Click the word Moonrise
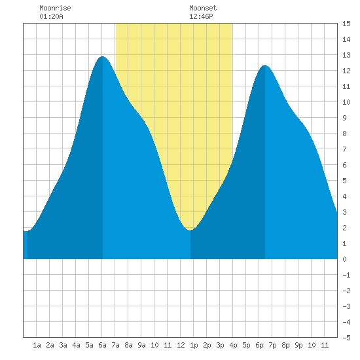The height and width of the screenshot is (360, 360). [x=55, y=8]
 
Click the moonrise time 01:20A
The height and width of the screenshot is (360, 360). [x=51, y=16]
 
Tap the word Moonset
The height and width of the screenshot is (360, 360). [x=203, y=8]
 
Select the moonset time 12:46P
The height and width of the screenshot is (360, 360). [x=201, y=16]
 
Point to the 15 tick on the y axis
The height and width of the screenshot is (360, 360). [x=346, y=24]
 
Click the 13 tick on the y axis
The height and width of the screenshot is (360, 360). [x=346, y=55]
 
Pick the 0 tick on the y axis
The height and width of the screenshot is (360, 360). [x=344, y=259]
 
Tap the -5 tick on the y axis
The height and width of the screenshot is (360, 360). [x=346, y=338]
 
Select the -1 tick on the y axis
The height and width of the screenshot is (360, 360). [x=346, y=275]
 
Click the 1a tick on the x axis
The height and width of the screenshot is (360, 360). [x=37, y=345]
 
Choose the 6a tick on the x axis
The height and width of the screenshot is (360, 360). [x=102, y=345]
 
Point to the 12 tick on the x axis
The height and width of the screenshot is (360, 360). [x=181, y=345]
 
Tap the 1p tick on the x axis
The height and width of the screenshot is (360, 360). [x=194, y=345]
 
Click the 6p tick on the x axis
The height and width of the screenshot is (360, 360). [x=259, y=345]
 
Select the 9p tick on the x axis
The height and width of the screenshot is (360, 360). [x=298, y=345]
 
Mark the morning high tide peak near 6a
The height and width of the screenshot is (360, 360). [x=102, y=56]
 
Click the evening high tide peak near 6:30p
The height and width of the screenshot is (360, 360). [x=265, y=65]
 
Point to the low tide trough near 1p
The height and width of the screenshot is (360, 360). [x=190, y=230]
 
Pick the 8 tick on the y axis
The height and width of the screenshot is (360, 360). [x=344, y=134]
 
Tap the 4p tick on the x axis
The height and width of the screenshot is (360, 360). [x=233, y=345]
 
